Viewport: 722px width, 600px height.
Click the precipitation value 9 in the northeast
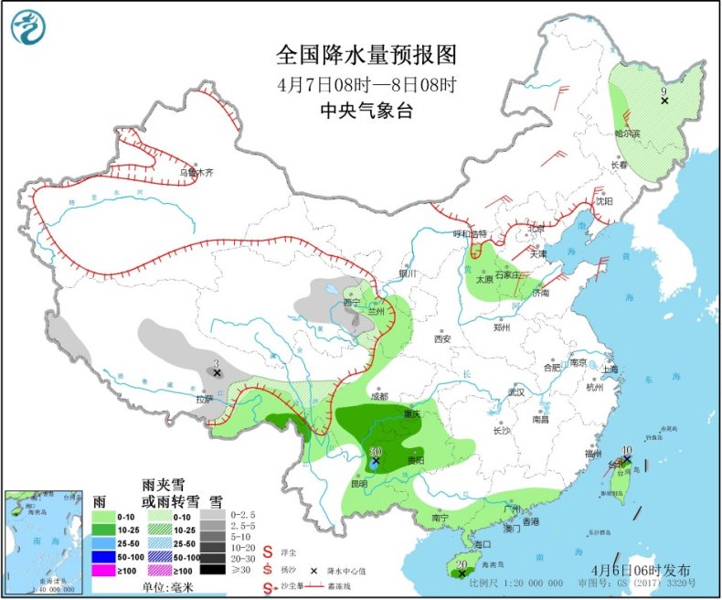[x=664, y=91]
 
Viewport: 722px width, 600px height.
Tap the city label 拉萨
[x=203, y=399]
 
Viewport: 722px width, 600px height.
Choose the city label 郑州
[x=502, y=326]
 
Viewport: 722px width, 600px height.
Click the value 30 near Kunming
[x=375, y=452]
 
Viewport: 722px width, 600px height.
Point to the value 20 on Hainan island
[x=462, y=564]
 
